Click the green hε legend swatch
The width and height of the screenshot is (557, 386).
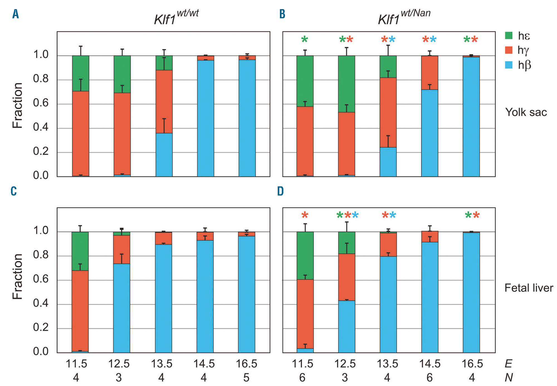tap(509, 35)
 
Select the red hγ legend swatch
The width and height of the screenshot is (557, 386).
tap(509, 50)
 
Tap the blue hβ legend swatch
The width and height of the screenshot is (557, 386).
tap(509, 65)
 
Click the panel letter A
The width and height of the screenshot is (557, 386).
tap(16, 14)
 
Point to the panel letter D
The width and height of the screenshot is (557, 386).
tap(280, 191)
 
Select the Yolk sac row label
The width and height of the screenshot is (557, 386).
tap(526, 112)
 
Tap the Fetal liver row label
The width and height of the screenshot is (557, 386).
tap(529, 288)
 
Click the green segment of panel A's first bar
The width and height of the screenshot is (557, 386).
tap(80, 73)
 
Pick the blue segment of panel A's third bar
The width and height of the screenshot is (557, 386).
tap(164, 155)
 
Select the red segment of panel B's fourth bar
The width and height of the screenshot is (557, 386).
tap(429, 72)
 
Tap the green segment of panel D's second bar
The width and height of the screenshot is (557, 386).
tap(346, 242)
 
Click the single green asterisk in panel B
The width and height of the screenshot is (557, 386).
tap(304, 39)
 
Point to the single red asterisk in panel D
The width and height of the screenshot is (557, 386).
tap(305, 215)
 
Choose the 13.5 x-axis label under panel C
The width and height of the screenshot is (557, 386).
tap(162, 364)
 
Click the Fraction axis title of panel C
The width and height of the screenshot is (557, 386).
tap(17, 276)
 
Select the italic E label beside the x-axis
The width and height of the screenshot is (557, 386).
tap(508, 364)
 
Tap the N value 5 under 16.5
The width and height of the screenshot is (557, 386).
tap(246, 378)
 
